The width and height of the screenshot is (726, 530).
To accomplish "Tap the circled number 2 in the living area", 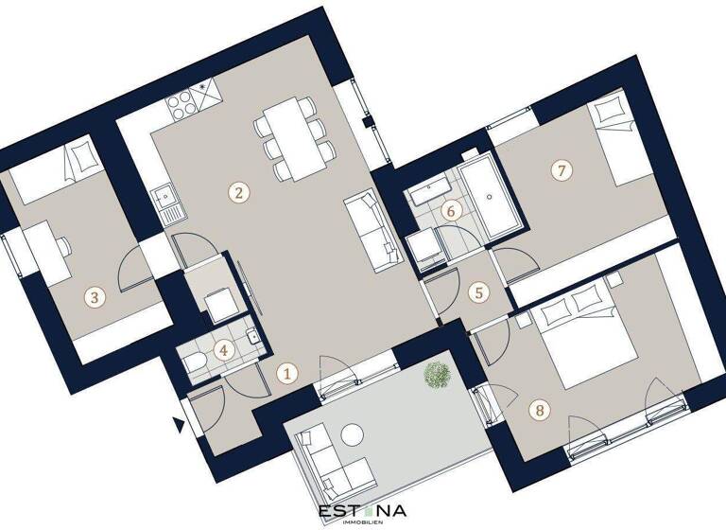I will point(240,193).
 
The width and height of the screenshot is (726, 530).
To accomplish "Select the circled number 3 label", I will point(93,297).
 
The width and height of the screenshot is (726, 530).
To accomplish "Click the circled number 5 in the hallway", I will point(479,292).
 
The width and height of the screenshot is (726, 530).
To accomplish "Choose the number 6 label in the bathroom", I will point(452,210).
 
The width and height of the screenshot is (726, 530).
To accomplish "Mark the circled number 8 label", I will point(539,410).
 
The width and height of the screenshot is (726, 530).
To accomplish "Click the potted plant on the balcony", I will point(437,375).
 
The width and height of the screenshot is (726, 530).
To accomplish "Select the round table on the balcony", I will point(353,434).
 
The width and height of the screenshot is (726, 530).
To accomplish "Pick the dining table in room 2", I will point(292,140).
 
